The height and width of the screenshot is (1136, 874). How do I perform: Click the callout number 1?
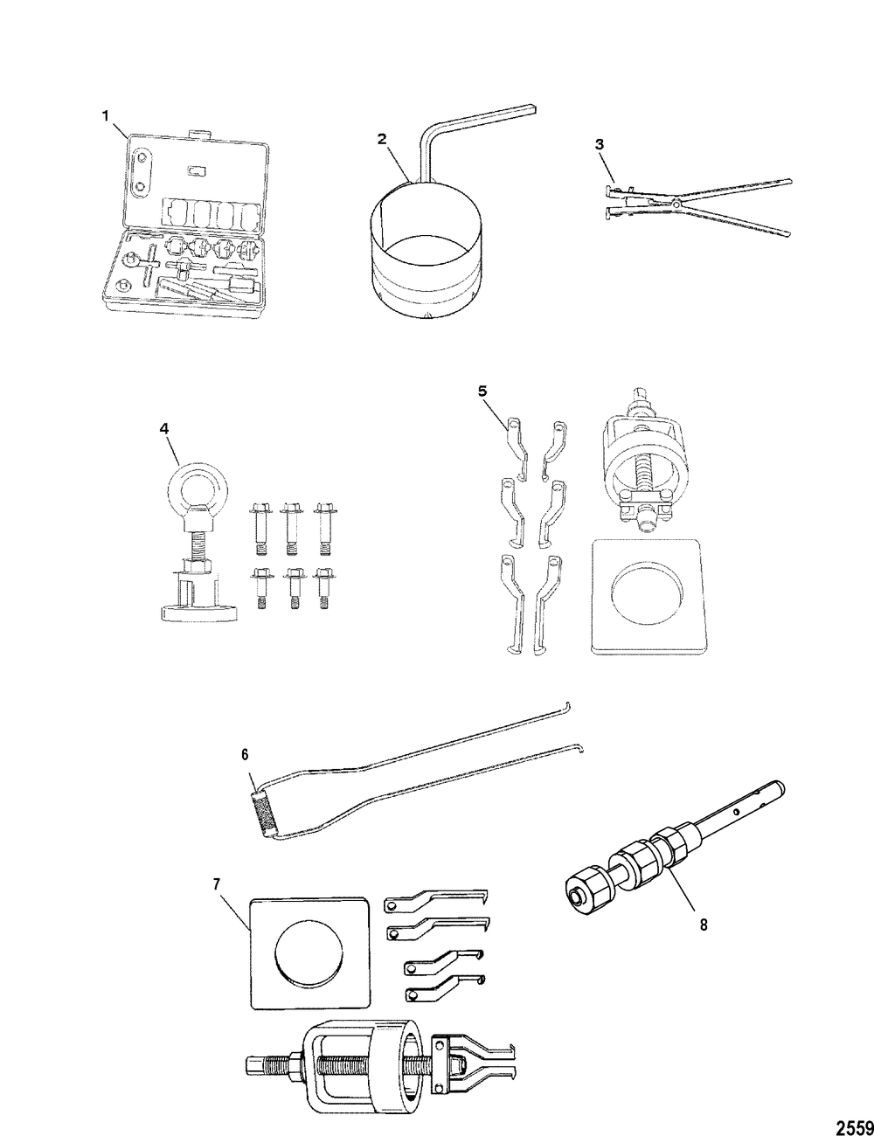pyautogui.click(x=106, y=115)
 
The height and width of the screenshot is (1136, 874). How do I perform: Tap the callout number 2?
pyautogui.click(x=382, y=139)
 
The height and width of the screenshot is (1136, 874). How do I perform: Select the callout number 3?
pyautogui.click(x=600, y=144)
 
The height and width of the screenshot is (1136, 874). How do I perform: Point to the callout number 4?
pyautogui.click(x=164, y=429)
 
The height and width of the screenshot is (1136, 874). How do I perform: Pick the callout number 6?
pyautogui.click(x=245, y=755)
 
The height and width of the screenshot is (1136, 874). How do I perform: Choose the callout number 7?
pyautogui.click(x=217, y=884)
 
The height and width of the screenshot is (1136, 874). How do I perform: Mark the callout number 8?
pyautogui.click(x=704, y=925)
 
